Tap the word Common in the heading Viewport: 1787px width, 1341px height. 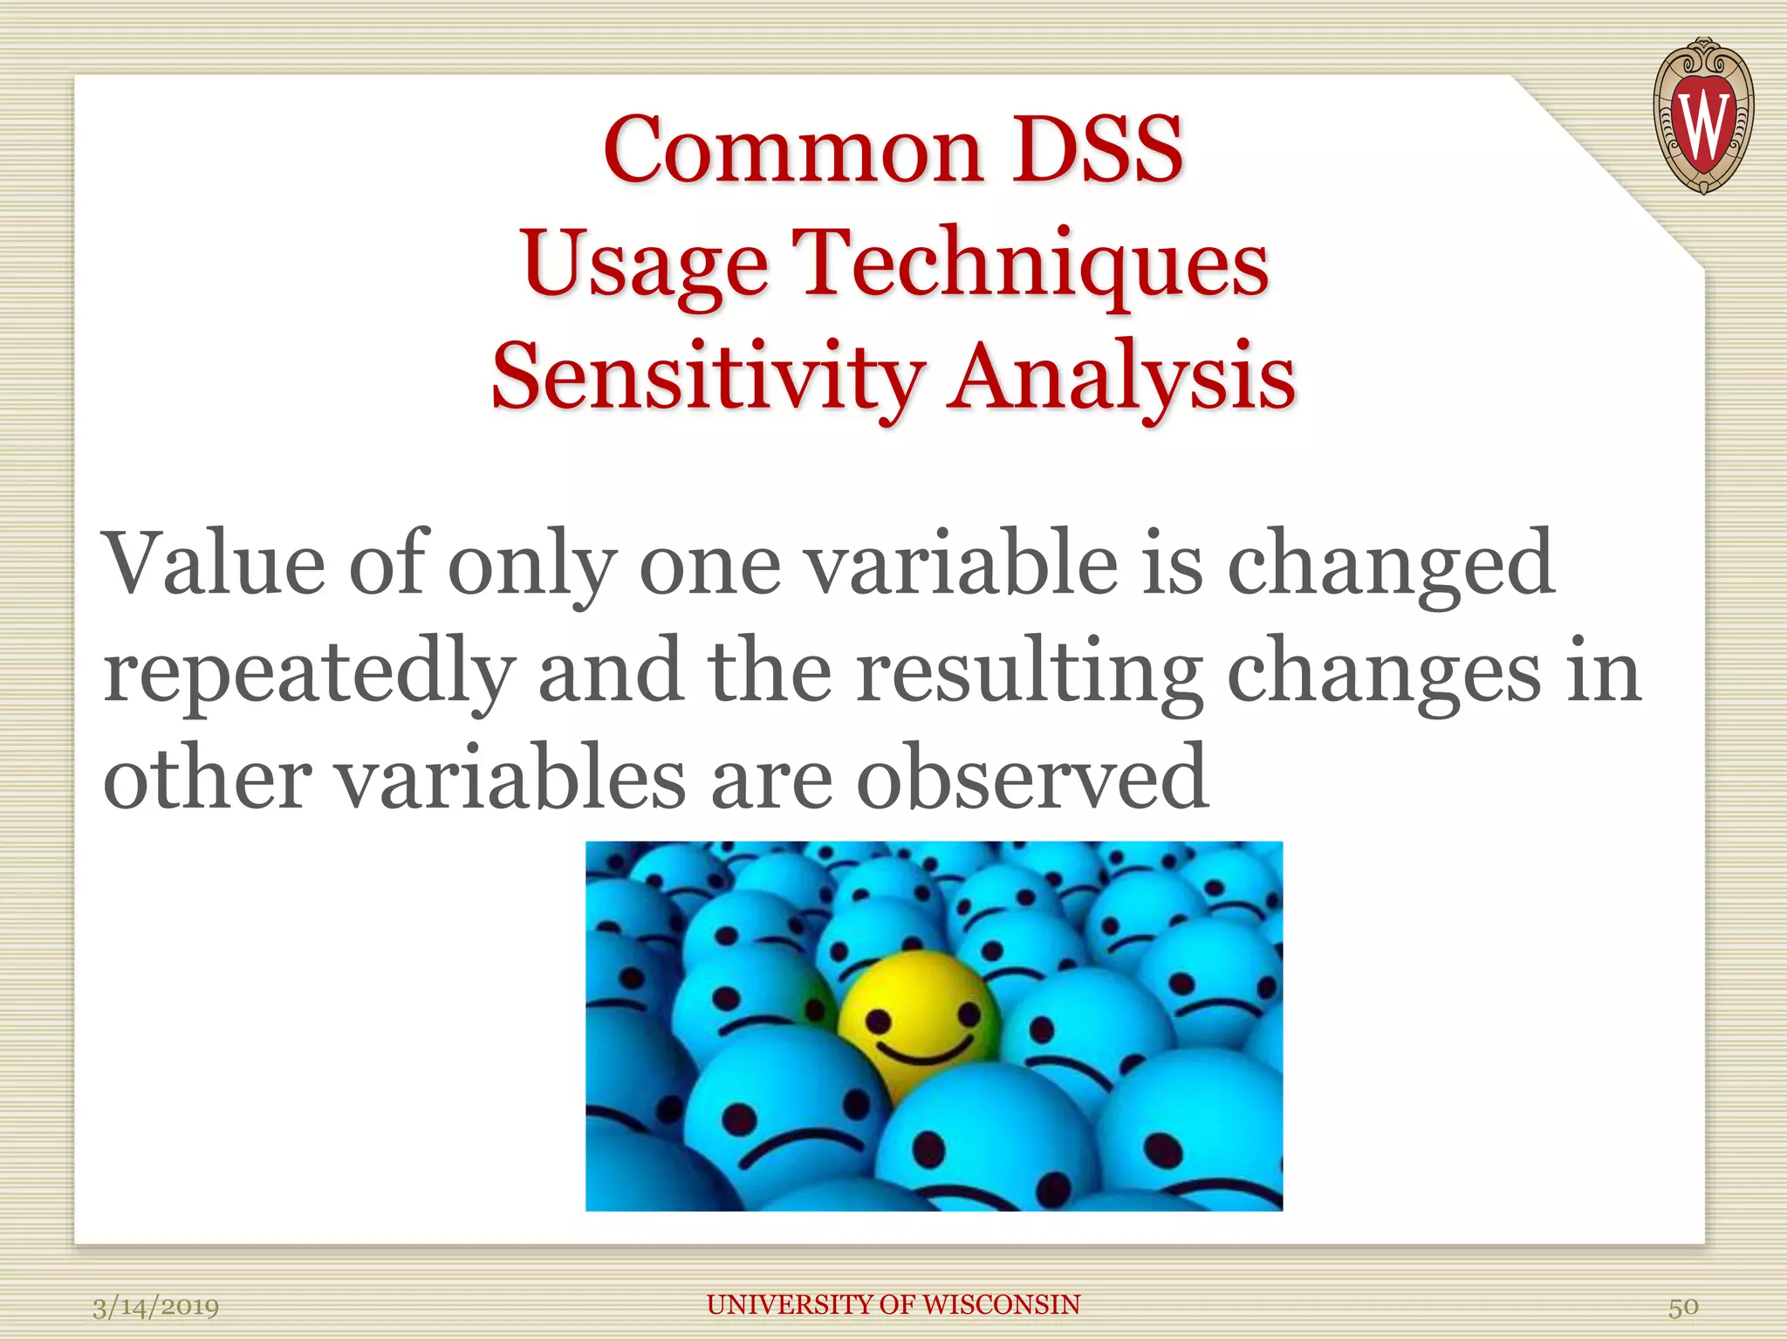coord(792,150)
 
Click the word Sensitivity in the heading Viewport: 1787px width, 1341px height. coord(707,377)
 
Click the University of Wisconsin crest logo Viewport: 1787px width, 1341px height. coord(1702,115)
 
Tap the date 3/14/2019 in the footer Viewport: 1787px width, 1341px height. coord(155,1307)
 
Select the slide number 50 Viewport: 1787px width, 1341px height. coord(1683,1307)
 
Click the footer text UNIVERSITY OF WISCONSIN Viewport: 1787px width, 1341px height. coord(893,1304)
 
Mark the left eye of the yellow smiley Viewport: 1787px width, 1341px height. coord(878,1020)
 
